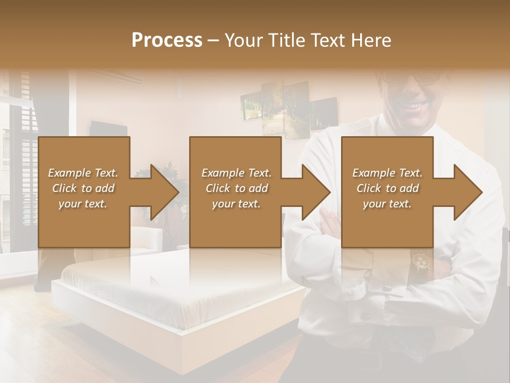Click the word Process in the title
tap(167, 40)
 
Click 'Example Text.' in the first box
tap(83, 173)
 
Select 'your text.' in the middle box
tap(236, 204)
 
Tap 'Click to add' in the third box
tap(388, 188)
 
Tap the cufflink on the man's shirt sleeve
tap(386, 288)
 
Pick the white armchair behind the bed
tap(146, 239)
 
